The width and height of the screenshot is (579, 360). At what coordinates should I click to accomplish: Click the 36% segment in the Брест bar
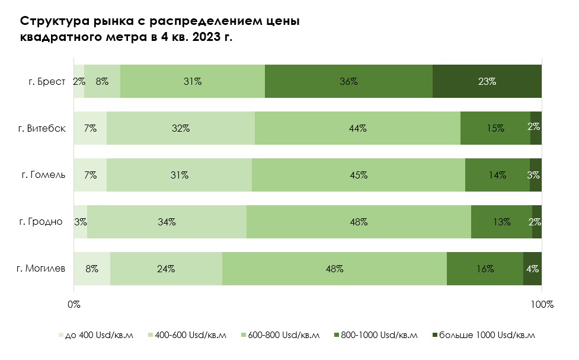click(348, 81)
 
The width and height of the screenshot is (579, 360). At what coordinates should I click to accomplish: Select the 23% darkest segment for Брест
click(487, 81)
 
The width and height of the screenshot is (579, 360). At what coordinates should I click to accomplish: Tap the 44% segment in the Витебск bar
click(357, 128)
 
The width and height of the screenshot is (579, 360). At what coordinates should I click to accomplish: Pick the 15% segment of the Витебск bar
click(495, 128)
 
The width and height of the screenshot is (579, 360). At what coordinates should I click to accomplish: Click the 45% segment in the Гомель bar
click(359, 175)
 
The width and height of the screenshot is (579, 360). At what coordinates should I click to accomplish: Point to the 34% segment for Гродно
click(167, 222)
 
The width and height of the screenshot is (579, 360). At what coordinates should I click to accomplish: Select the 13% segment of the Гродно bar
click(501, 222)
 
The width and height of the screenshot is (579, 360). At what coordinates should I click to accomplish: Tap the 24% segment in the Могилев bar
click(166, 269)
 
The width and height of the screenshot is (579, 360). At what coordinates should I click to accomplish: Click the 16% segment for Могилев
click(485, 269)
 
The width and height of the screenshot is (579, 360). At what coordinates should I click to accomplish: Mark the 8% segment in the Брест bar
click(102, 81)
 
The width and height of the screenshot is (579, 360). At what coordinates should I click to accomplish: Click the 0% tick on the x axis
click(73, 304)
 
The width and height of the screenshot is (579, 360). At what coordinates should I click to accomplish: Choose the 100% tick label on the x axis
click(541, 304)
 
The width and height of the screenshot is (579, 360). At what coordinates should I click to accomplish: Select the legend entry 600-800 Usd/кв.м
click(282, 336)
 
